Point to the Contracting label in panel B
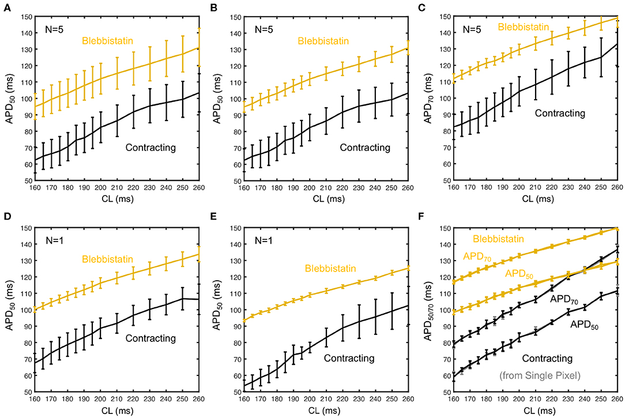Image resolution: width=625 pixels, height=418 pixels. point(365,148)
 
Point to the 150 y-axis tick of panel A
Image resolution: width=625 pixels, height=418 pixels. point(26,16)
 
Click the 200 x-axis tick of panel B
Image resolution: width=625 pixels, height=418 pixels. point(309,189)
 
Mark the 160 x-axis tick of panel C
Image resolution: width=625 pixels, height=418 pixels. point(454,189)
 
